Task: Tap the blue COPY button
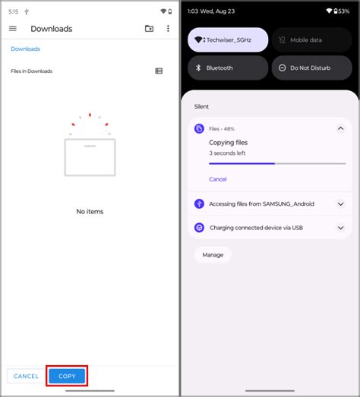click(x=67, y=376)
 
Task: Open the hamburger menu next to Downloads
click(x=13, y=29)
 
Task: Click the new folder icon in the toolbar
click(x=149, y=29)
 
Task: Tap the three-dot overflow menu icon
click(x=168, y=29)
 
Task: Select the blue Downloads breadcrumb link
click(x=25, y=49)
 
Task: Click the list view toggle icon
click(x=159, y=71)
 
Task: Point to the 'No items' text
click(x=90, y=212)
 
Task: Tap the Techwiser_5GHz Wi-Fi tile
click(x=227, y=39)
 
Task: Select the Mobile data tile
click(x=311, y=39)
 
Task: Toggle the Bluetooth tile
click(x=227, y=68)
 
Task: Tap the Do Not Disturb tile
click(x=311, y=68)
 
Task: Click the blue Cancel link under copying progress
click(x=218, y=179)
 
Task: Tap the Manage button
click(x=213, y=255)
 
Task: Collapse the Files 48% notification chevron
click(x=340, y=129)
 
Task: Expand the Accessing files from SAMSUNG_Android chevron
click(x=340, y=203)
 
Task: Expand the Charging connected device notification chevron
click(x=340, y=227)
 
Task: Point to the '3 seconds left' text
click(x=226, y=153)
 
